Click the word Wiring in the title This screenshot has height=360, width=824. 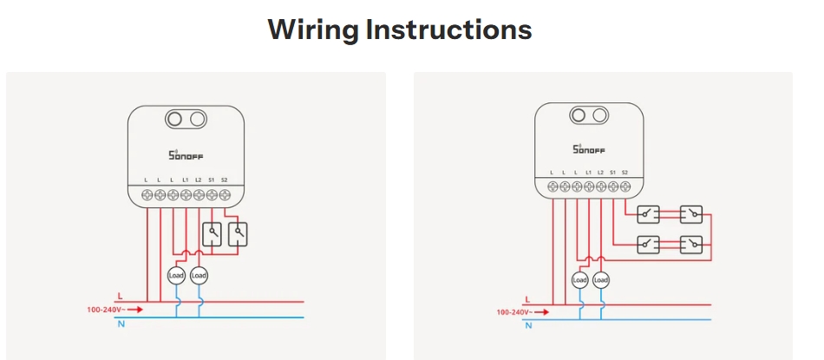tap(314, 30)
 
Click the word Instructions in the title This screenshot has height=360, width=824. tap(449, 29)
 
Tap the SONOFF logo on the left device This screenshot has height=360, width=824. tap(186, 155)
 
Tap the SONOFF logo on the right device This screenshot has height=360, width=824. tap(589, 149)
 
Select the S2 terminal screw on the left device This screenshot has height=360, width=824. tap(225, 195)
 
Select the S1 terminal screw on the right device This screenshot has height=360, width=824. tap(612, 186)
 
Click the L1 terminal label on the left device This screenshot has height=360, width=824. tap(186, 180)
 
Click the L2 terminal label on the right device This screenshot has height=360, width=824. tap(601, 172)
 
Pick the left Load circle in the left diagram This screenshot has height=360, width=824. tap(176, 275)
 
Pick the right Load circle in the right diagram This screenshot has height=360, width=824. tap(601, 281)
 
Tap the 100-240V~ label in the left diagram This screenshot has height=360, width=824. tap(106, 310)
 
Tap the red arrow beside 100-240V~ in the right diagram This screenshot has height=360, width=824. tap(542, 312)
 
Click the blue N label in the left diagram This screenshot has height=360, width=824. tap(121, 324)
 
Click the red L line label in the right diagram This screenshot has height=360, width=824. tap(527, 299)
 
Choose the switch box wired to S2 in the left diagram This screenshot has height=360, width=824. tap(238, 234)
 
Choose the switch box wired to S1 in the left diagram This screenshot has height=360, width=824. tap(212, 234)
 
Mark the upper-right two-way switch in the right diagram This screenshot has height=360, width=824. tap(690, 214)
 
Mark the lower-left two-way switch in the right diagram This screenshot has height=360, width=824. tap(649, 245)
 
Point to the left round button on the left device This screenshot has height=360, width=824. tap(174, 119)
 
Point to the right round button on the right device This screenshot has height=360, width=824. tap(598, 115)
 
